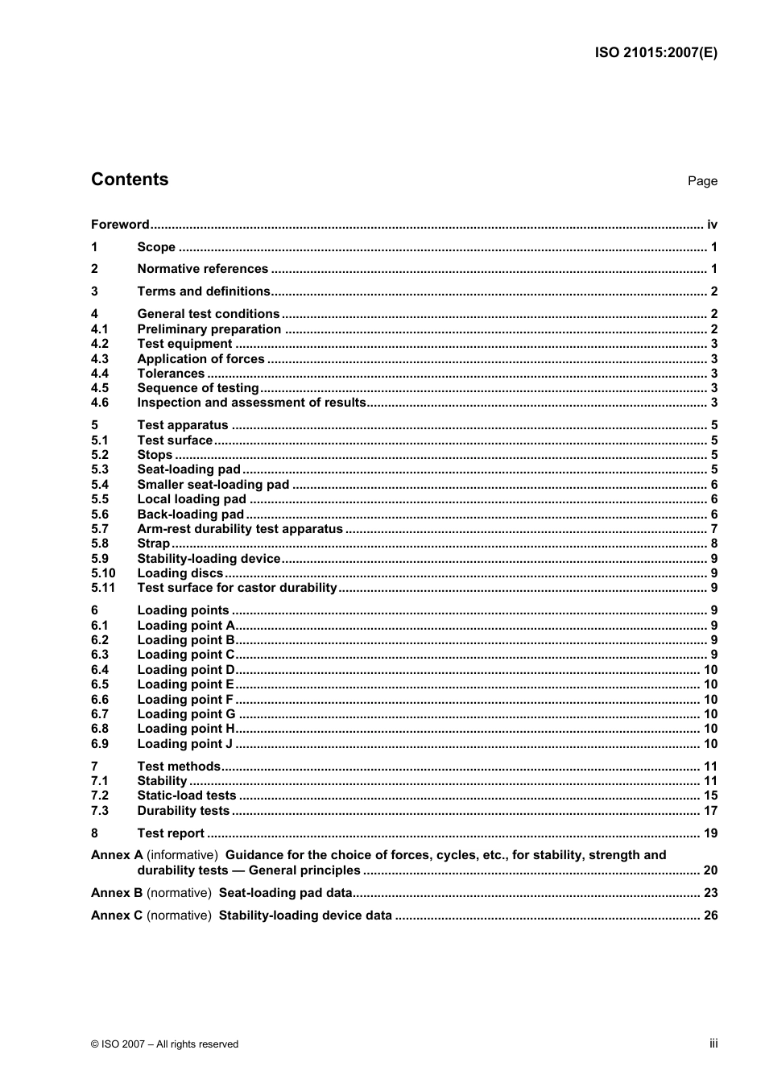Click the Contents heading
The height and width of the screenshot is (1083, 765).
130,180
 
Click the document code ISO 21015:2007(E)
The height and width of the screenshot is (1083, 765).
655,53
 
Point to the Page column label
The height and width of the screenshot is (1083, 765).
702,181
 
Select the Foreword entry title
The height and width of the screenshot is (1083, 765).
120,225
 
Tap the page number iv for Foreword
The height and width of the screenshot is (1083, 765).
712,225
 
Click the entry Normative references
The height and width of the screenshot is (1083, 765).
202,269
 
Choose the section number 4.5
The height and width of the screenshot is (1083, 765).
100,388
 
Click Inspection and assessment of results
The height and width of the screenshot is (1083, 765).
251,403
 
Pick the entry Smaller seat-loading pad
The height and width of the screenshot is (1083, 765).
213,485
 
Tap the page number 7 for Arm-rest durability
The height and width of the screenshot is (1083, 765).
713,529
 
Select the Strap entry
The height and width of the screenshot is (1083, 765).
153,544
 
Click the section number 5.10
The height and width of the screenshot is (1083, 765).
103,573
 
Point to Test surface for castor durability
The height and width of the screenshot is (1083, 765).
237,588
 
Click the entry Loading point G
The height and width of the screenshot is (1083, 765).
186,714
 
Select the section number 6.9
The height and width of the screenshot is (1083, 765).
100,744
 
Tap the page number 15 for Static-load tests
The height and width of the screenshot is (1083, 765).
710,796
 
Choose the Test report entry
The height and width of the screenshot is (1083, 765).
171,833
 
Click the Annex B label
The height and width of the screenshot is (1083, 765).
117,893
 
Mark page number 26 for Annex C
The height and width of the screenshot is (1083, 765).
710,916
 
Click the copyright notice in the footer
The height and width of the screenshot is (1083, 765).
164,1044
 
